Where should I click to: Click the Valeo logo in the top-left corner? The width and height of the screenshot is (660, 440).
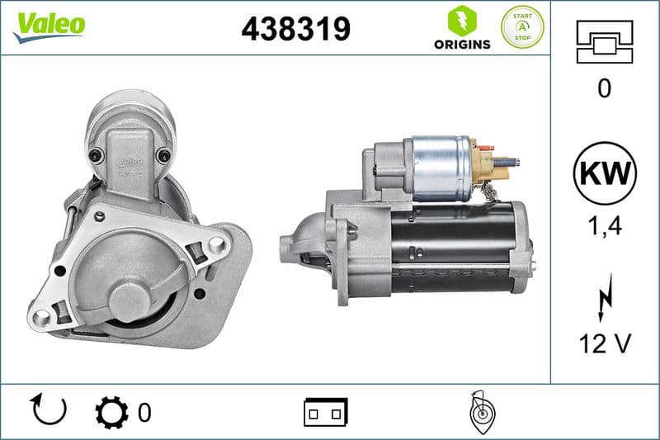(x=49, y=26)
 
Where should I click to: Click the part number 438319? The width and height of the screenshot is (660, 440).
(x=295, y=29)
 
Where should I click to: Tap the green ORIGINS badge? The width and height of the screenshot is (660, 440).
(x=462, y=28)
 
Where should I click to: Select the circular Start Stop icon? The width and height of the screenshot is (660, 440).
(x=522, y=27)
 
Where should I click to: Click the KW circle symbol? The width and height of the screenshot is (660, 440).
(x=605, y=174)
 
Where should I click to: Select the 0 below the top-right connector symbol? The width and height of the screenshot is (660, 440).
(x=605, y=89)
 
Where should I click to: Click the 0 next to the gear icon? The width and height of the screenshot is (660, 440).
(x=144, y=411)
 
